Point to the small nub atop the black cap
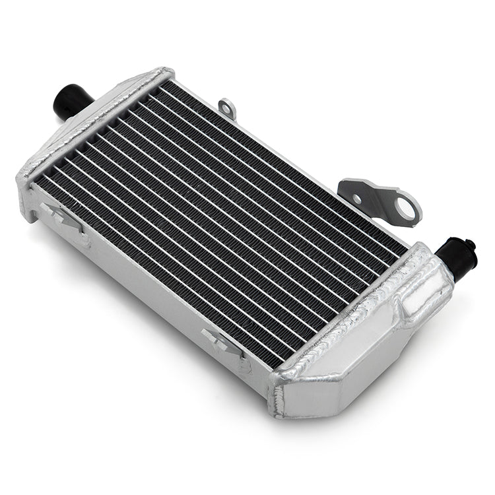[471, 244]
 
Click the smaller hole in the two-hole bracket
[357, 198]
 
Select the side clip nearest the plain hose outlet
[63, 215]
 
